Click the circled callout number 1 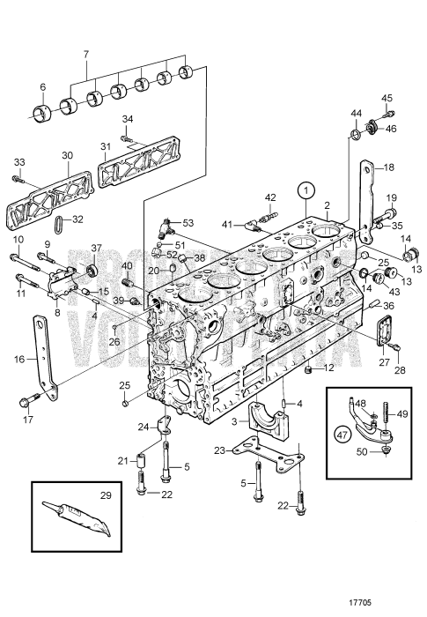tap(306, 188)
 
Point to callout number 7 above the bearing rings tap(85, 55)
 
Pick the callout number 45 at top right tap(387, 98)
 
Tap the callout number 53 tap(188, 225)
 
